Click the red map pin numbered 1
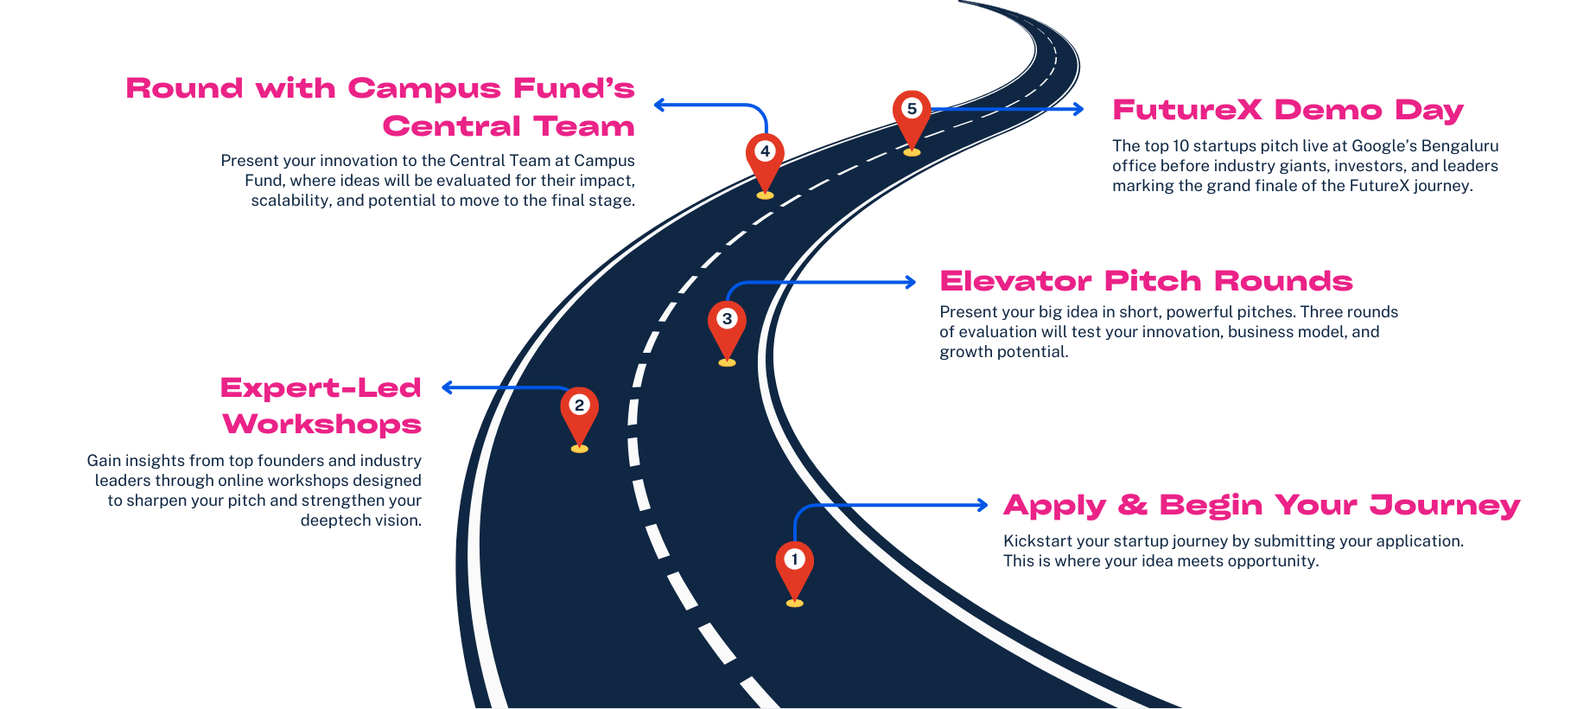pos(794,566)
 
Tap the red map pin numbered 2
pos(579,412)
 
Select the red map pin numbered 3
pos(727,326)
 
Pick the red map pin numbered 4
pos(765,158)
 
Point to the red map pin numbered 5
pos(911,115)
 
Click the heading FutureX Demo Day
pos(1288,111)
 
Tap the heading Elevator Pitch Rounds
pos(1146,281)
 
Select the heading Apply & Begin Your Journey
pos(1262,505)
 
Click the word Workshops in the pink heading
pos(322,425)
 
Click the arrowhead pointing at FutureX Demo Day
pos(1078,109)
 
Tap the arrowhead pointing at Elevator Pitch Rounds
pos(910,282)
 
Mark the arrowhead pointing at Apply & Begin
pos(982,505)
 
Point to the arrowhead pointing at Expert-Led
pos(448,387)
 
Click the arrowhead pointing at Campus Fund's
pos(659,105)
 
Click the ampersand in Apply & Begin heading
pos(1132,505)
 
